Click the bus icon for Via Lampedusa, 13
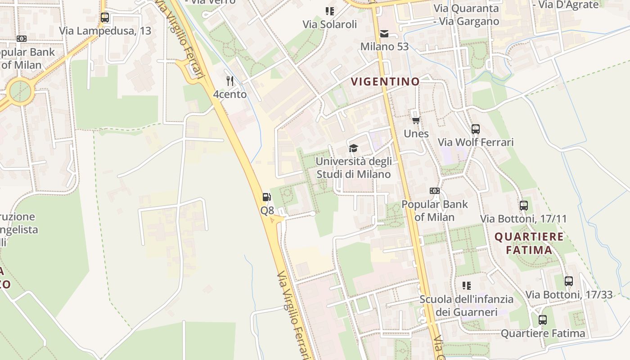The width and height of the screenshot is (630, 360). point(105,18)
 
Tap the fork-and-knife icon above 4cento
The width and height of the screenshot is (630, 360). point(230,81)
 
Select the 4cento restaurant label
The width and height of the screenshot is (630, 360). point(230,94)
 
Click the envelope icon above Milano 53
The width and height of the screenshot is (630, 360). point(384,34)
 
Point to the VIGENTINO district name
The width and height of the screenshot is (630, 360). point(385,81)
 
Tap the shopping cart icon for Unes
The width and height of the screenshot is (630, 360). point(416,120)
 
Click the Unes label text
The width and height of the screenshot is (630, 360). point(416,134)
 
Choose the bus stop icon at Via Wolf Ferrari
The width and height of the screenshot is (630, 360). point(476,129)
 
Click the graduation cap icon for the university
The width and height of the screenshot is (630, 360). point(353,148)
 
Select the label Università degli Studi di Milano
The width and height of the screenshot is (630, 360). point(354,168)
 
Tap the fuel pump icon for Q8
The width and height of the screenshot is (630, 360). point(267,197)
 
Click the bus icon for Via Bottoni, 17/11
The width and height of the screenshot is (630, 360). point(523,206)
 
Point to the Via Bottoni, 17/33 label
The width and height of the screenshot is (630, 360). point(569,295)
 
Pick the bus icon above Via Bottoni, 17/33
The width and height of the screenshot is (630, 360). point(569,281)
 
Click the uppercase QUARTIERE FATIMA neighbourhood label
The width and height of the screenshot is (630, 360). point(529,243)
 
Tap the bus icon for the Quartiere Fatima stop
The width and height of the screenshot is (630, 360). point(543,320)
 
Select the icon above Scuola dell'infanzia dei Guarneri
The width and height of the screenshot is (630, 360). point(467,285)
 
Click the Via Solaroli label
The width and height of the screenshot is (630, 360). point(330,24)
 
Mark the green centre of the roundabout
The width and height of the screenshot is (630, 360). point(20,91)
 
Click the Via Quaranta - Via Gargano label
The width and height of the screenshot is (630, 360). point(466,15)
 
